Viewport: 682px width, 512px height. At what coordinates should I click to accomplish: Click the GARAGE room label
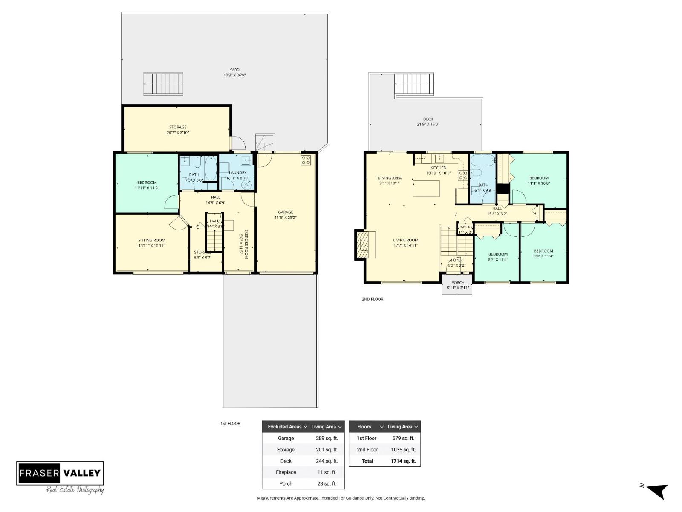click(285, 212)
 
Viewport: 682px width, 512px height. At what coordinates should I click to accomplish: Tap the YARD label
click(234, 70)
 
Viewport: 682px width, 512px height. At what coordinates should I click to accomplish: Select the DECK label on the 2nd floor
click(428, 119)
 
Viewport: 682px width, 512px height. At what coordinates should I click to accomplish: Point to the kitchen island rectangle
click(426, 188)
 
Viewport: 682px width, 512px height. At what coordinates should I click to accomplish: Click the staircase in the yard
click(163, 84)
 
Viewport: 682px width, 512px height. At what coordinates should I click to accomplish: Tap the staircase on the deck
click(414, 84)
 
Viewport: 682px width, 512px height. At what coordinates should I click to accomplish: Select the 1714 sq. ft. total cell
click(403, 461)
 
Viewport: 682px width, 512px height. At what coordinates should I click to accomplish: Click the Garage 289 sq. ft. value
click(324, 438)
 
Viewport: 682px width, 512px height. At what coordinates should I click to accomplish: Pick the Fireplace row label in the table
click(286, 472)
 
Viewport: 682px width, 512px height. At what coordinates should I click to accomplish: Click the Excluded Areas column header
click(285, 427)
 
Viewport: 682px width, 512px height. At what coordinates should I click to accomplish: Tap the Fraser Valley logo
click(60, 473)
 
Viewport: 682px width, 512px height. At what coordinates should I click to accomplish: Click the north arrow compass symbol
click(657, 491)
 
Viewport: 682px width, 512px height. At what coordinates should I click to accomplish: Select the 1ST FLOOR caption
click(230, 423)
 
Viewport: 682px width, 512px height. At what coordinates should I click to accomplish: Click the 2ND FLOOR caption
click(372, 299)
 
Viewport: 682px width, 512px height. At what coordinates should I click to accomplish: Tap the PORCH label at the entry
click(458, 282)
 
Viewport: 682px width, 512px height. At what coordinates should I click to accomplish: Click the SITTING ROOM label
click(151, 240)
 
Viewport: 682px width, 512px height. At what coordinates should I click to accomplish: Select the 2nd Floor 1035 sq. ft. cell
click(403, 450)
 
